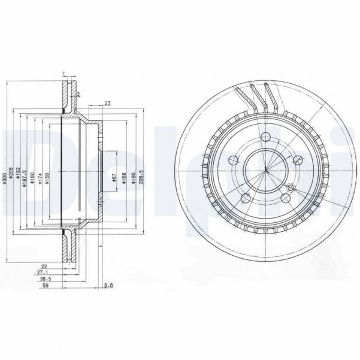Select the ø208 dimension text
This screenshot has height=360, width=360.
tap(12, 178)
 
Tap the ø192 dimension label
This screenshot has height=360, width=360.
tap(19, 178)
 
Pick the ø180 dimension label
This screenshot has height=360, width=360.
tap(32, 178)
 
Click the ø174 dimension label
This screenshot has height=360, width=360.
tap(40, 178)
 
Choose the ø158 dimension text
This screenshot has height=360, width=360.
tap(47, 178)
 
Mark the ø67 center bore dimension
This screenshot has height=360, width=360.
tap(114, 178)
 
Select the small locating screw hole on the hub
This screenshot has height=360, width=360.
tap(291, 188)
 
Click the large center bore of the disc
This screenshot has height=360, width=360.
tap(265, 170)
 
